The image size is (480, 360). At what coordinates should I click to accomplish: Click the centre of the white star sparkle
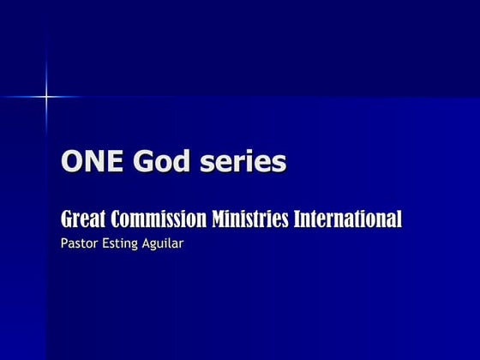pyautogui.click(x=46, y=96)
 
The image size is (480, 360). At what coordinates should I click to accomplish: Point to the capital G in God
pyautogui.click(x=136, y=162)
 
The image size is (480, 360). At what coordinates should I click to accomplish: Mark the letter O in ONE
pyautogui.click(x=71, y=162)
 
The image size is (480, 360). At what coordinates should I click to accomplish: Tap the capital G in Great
pyautogui.click(x=66, y=219)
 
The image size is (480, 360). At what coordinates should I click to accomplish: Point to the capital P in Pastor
pyautogui.click(x=64, y=243)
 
